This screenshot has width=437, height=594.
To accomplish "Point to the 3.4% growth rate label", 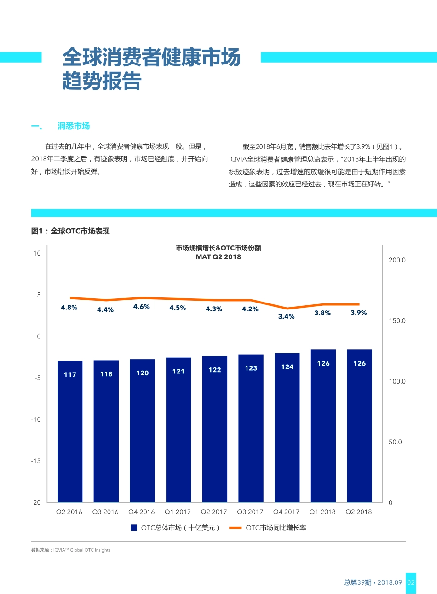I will click(286, 316).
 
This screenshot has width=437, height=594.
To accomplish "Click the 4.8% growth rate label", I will click(69, 307).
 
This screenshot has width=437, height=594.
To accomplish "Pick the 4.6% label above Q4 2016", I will click(141, 307).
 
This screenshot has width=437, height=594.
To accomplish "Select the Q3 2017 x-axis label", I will click(250, 512).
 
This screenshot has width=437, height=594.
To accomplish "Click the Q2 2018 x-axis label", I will click(359, 512).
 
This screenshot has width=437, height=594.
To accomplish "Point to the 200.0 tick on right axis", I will click(397, 260).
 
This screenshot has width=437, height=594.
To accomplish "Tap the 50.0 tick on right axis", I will click(395, 442).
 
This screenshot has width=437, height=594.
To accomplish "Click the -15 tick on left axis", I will click(36, 461).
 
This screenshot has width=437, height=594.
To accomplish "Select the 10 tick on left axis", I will click(37, 253).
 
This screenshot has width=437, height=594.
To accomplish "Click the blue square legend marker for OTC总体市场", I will click(134, 528).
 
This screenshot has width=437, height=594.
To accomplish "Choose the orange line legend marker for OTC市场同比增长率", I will click(236, 528).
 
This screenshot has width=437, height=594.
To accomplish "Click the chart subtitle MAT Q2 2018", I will click(218, 257).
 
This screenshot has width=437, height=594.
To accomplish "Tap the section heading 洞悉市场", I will click(74, 126).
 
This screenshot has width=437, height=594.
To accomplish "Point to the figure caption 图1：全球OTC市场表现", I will click(70, 231).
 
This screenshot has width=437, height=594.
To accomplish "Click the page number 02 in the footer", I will click(411, 582).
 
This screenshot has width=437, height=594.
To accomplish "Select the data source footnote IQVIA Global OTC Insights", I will click(71, 550).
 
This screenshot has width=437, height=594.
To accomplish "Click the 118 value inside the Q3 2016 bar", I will click(106, 374).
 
